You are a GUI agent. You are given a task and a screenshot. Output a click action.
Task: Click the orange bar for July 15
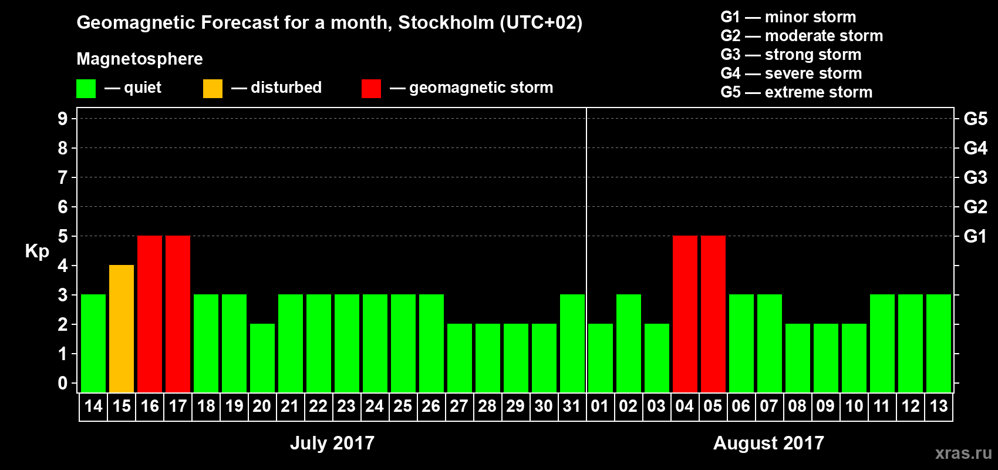(122, 328)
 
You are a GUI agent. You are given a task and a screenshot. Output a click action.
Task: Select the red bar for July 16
(150, 314)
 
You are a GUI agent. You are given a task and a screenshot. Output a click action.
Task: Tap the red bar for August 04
(685, 314)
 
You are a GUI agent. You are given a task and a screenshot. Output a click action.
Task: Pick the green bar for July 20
(262, 358)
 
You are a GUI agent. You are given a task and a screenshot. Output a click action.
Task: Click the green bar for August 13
(939, 343)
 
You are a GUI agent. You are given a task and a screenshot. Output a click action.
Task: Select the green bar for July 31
(572, 343)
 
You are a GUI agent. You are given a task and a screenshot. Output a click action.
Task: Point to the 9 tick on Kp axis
(63, 119)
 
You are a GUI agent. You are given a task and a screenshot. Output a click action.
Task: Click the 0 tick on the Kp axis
(63, 383)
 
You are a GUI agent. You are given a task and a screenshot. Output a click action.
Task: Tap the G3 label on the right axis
(975, 177)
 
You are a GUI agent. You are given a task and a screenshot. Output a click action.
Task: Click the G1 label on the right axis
(975, 236)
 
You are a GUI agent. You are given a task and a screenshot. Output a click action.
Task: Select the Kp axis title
(37, 251)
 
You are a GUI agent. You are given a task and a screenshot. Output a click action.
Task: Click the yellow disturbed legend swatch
(213, 88)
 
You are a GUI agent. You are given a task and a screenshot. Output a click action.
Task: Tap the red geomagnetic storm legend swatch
(371, 88)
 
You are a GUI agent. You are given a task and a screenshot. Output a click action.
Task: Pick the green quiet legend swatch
(86, 88)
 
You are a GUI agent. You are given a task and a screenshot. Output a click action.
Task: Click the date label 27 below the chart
(458, 406)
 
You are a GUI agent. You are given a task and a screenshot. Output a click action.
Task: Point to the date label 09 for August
(825, 406)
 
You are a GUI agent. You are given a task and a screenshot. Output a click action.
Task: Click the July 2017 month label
(332, 442)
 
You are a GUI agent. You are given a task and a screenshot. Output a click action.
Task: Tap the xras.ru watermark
(963, 452)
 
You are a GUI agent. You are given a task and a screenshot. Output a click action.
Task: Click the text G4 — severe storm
(791, 73)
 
